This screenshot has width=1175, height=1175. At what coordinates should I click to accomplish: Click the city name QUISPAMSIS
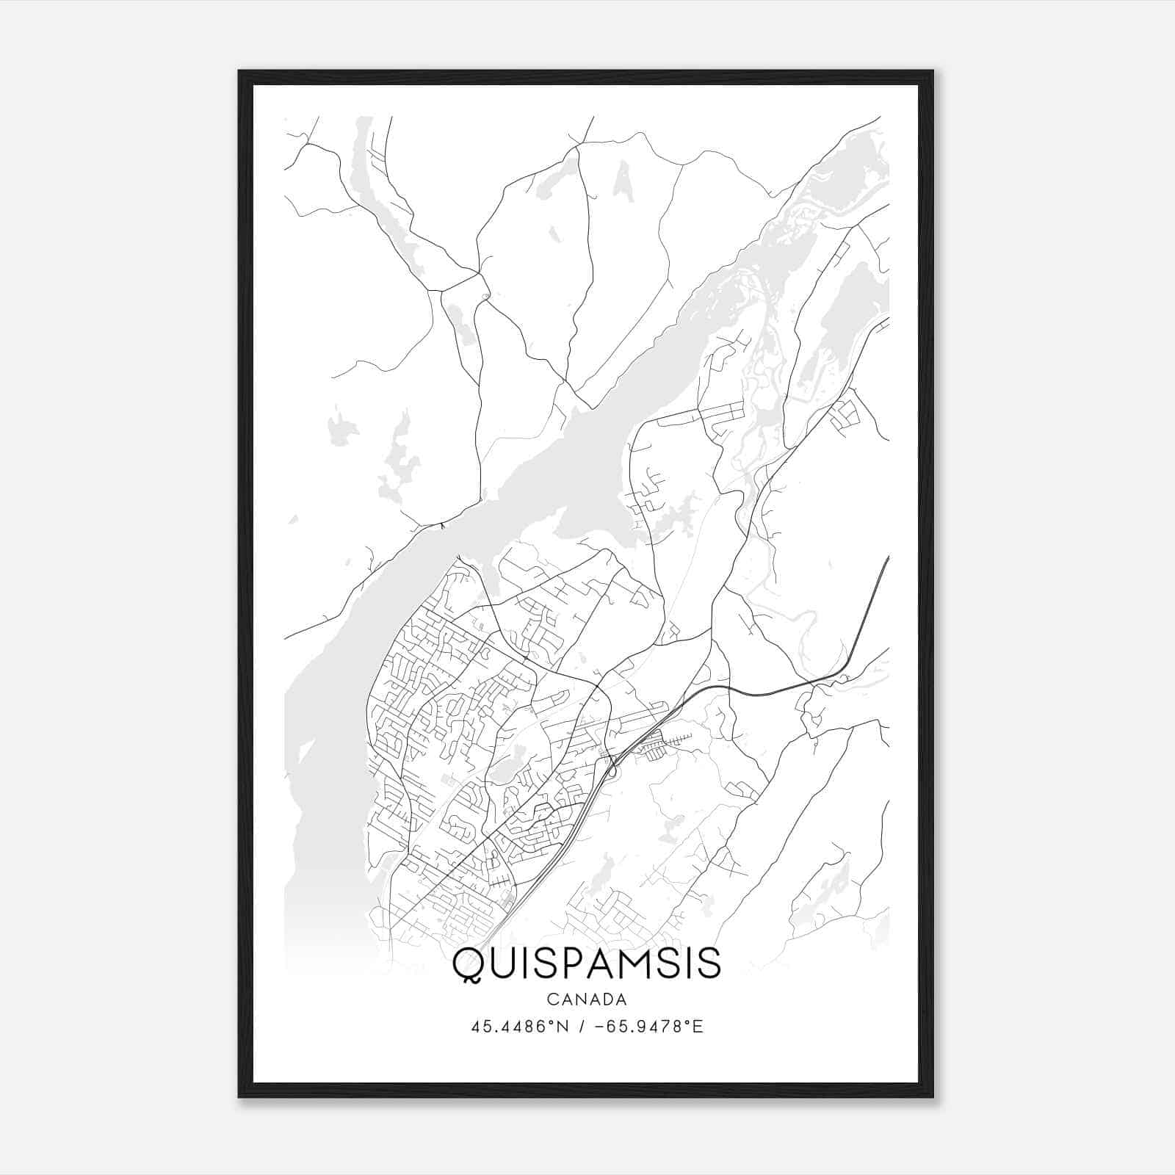(586, 963)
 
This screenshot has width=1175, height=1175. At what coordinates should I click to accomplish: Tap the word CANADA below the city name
(586, 999)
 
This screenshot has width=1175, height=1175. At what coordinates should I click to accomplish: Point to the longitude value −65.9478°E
(641, 1027)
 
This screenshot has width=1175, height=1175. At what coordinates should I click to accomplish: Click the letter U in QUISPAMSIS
(505, 963)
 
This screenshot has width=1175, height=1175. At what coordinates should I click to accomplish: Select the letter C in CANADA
(552, 999)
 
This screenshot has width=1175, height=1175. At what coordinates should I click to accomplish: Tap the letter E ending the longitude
(698, 1027)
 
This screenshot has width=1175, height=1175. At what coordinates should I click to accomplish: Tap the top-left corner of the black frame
(239, 71)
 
